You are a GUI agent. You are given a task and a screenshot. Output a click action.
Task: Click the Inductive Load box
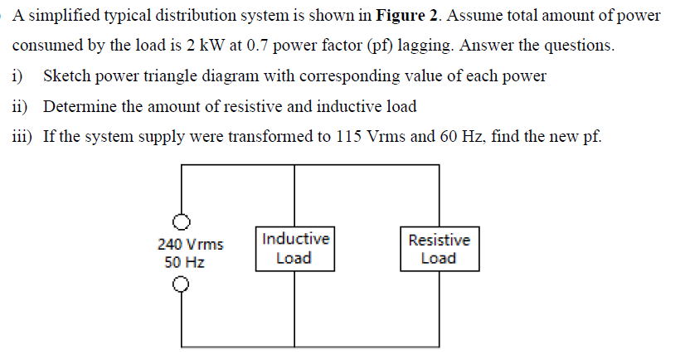pyautogui.click(x=294, y=248)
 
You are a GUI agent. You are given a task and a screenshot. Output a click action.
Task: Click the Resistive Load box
pyautogui.click(x=439, y=249)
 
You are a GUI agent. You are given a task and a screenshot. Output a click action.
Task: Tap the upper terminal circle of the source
pyautogui.click(x=182, y=221)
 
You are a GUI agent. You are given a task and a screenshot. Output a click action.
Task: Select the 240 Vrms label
pyautogui.click(x=190, y=245)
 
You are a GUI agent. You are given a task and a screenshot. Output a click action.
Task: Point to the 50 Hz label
pyautogui.click(x=185, y=262)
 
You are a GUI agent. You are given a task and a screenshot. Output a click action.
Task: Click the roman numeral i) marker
pyautogui.click(x=18, y=76)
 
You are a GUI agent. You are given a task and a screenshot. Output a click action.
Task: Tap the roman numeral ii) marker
pyautogui.click(x=20, y=106)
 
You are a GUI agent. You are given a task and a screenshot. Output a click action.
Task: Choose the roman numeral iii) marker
pyautogui.click(x=22, y=136)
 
